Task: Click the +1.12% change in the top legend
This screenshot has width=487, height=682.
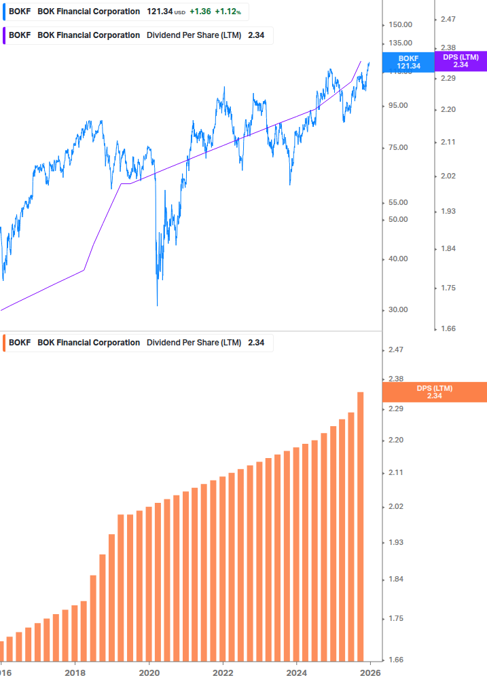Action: point(228,12)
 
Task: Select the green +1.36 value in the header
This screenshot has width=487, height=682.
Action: point(200,12)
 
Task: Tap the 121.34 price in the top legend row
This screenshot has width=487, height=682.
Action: point(160,12)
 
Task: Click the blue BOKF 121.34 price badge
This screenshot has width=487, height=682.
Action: point(408,62)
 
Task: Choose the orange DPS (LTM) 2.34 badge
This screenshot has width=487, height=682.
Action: point(435,392)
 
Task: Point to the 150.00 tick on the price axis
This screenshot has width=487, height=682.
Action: point(399,24)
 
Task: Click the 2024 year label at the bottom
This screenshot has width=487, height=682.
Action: point(296,673)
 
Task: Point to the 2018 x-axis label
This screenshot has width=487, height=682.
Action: point(75,673)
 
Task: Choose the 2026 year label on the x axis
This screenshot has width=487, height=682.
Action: point(369,673)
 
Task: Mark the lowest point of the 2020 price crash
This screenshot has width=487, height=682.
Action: point(157,305)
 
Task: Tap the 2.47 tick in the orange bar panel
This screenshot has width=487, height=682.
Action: point(395,350)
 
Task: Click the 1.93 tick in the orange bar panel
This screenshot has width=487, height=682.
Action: point(395,543)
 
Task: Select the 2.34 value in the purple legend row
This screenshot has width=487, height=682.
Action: point(256,35)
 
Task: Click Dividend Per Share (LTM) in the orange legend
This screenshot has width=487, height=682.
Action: point(194,343)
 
